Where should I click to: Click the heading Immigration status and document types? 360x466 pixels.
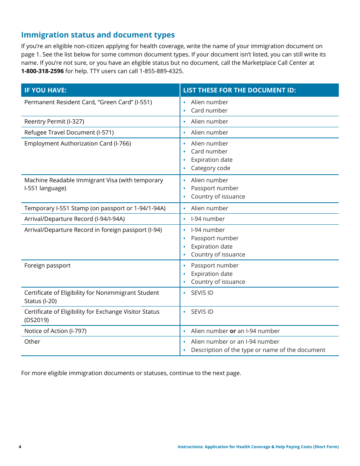point(98,35)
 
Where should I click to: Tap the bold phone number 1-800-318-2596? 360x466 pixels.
point(42,71)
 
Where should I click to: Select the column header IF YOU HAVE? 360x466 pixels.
point(45,90)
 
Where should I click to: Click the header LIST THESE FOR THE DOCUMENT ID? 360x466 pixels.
point(239,90)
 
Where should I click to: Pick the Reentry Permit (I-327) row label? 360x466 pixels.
point(54,122)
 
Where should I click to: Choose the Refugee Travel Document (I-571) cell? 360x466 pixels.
point(69,133)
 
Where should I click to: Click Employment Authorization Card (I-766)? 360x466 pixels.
point(78,144)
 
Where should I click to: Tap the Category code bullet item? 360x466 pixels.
point(210,168)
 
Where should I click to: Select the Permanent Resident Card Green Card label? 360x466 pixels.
point(88,102)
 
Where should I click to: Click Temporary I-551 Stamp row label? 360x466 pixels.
point(95,208)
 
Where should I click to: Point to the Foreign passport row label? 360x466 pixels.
point(47,266)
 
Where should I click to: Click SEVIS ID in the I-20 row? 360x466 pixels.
point(202,293)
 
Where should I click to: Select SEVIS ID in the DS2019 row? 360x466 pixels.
point(202,312)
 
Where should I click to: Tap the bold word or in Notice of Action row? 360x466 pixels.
point(233,331)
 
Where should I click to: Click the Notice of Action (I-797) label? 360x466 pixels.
point(55,331)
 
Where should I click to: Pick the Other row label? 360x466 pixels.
point(32,342)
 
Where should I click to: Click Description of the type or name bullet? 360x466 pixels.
point(258,350)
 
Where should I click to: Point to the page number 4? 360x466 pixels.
point(20,447)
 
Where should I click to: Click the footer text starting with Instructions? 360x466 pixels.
point(258,447)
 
